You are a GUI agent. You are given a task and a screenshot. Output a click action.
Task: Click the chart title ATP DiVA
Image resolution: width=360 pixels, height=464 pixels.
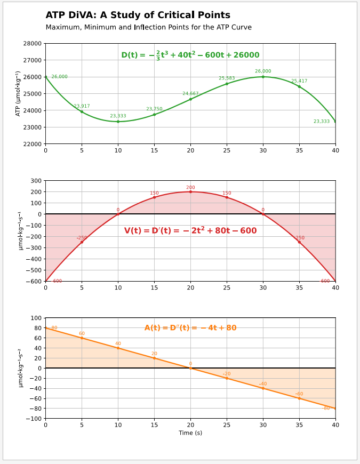(x=138, y=15)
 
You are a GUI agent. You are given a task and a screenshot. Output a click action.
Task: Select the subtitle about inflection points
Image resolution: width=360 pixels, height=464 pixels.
(x=148, y=27)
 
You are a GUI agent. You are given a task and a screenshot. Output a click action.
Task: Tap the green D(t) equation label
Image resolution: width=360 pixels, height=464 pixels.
(x=190, y=55)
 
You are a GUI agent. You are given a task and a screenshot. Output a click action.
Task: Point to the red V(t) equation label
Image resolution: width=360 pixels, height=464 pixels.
(x=190, y=231)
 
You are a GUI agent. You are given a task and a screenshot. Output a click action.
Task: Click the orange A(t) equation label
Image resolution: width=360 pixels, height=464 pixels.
(x=190, y=328)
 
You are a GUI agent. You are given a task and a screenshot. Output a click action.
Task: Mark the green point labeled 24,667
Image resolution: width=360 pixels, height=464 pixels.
(x=190, y=99)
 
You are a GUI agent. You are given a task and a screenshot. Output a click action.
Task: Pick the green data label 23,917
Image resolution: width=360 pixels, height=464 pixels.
(x=82, y=106)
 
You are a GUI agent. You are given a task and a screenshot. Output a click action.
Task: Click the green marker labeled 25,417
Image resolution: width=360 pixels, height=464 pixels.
(x=299, y=86)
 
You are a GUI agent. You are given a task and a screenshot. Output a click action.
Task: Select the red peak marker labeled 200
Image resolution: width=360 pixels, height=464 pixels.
(x=190, y=192)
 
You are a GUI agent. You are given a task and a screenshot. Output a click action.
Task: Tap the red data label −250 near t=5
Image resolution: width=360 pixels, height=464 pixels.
(x=82, y=238)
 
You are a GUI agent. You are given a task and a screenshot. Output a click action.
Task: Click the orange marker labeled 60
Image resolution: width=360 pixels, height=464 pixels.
(x=82, y=338)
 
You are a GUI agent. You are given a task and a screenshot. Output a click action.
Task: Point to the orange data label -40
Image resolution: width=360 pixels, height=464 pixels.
(x=263, y=384)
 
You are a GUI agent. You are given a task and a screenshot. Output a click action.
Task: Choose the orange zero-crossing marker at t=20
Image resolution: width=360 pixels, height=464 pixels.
(x=190, y=368)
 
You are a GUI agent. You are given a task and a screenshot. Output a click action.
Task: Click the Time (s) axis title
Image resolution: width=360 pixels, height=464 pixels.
(x=190, y=433)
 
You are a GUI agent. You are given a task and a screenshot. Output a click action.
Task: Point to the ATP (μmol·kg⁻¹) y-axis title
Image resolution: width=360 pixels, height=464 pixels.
(x=18, y=94)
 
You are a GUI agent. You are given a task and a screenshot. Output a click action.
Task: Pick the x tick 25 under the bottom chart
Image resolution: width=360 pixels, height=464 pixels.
(x=227, y=425)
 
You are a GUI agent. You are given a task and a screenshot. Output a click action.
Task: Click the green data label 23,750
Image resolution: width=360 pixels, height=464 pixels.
(x=154, y=109)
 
